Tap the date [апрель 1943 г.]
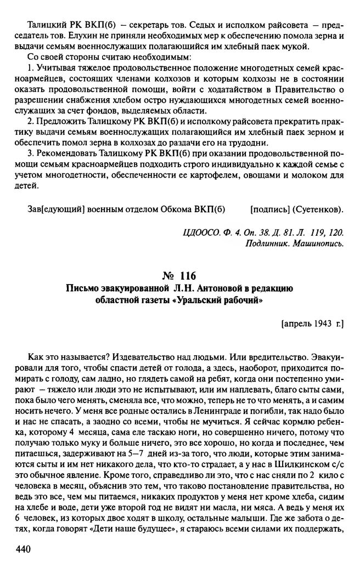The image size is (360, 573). (x=311, y=324)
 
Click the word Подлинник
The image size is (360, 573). (x=268, y=243)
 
